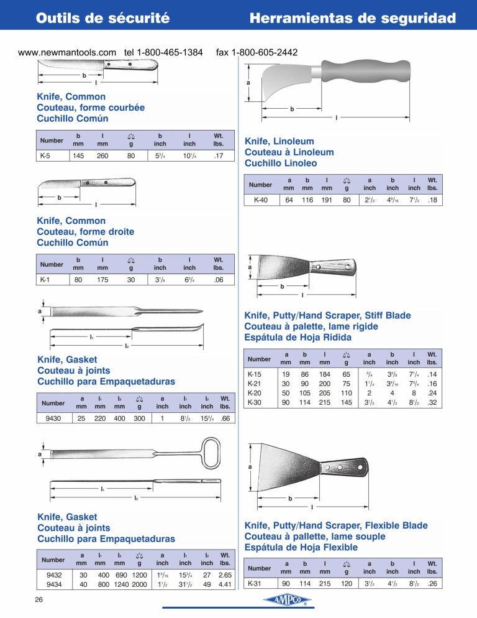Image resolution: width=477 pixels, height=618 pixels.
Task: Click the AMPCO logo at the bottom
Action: pos(288,600)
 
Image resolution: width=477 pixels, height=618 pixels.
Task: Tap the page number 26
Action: pos(39,599)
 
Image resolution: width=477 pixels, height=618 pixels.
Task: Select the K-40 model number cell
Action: pos(261,200)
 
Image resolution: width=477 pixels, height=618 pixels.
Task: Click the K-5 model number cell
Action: pos(45,155)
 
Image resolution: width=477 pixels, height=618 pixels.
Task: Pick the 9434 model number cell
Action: pos(54,584)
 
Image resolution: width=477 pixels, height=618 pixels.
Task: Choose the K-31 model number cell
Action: pos(255,583)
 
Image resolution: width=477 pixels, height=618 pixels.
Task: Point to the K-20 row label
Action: pos(255,393)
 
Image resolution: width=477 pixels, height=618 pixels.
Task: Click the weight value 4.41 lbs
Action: pos(224,584)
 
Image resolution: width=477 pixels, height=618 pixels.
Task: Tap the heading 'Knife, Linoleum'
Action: pos(279,141)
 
